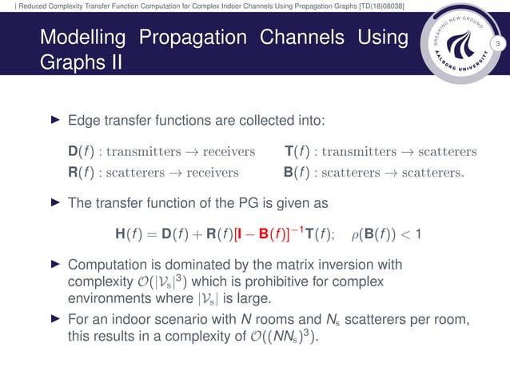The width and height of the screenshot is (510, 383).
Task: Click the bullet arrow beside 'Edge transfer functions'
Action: coord(55,122)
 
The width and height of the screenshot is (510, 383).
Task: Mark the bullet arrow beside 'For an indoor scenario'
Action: coord(55,321)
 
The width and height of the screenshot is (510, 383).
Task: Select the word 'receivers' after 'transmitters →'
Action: coord(227,152)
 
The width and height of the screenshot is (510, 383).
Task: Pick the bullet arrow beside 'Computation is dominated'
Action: coord(55,264)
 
